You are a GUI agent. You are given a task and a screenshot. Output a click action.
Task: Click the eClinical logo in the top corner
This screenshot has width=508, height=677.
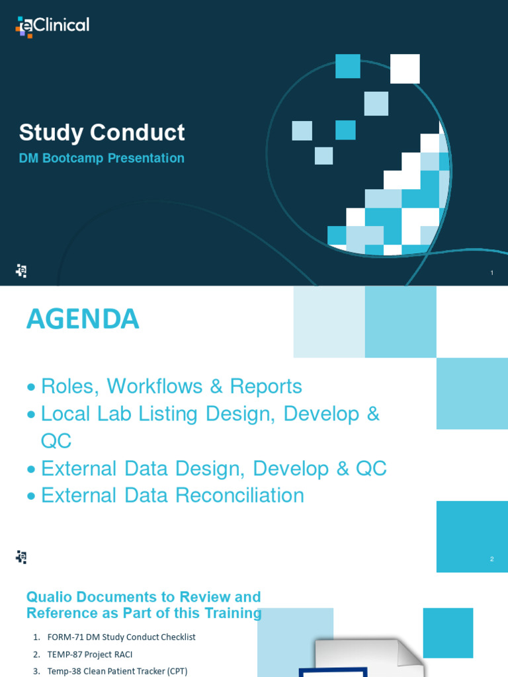pos(52,26)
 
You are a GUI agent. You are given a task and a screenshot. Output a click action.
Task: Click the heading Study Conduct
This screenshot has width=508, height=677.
pos(102,132)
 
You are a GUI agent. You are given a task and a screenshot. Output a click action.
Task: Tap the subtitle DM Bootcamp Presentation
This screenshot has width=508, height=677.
pos(101,159)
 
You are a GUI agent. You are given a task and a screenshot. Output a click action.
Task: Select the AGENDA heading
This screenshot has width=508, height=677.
pos(83,319)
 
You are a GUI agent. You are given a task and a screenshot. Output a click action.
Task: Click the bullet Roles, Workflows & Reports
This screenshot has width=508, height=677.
pos(171,386)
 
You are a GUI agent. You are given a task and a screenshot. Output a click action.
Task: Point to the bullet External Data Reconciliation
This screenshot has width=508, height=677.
pos(172,495)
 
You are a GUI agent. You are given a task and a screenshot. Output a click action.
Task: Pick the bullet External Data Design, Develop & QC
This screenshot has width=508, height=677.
pos(214,468)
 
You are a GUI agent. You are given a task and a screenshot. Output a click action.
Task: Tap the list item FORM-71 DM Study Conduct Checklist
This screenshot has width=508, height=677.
pos(121,637)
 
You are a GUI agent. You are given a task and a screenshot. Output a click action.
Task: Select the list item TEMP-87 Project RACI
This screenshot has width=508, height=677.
pos(90,655)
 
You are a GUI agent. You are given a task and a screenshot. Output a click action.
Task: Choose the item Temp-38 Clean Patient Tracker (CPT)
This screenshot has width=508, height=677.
pos(117,671)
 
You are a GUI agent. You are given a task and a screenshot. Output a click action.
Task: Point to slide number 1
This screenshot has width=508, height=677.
pos(492,273)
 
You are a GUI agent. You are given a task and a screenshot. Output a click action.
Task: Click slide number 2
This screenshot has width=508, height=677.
pos(492,559)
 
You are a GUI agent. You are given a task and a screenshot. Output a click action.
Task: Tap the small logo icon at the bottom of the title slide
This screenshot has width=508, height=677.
pos(21,270)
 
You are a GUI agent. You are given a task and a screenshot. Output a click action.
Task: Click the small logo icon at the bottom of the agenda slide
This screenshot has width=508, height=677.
pos(21,557)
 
